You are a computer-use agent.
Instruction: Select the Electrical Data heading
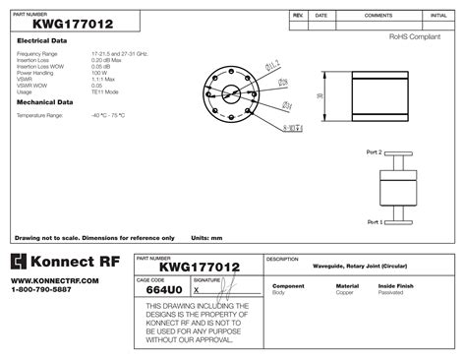(42, 40)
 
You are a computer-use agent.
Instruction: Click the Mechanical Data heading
(45, 101)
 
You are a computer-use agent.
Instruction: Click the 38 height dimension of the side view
(320, 96)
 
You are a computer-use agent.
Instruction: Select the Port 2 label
(374, 152)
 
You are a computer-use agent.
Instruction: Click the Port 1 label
(374, 222)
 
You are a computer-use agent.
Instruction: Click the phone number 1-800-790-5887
(41, 289)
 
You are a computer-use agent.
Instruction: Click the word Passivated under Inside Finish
(391, 293)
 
